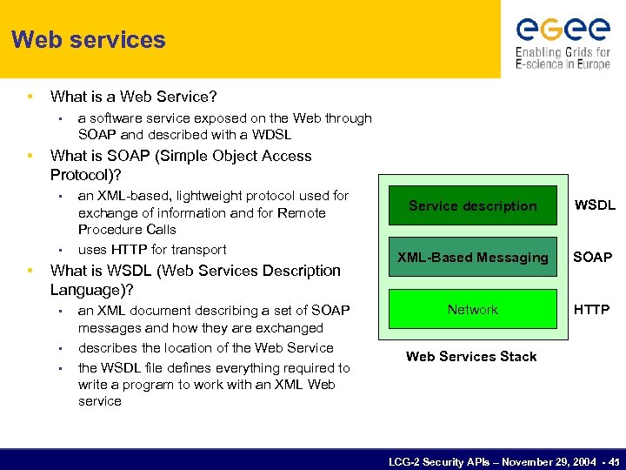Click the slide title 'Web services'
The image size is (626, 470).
89,40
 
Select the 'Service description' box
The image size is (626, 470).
472,206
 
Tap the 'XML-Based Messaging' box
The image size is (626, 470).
472,258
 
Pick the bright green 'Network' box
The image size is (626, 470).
472,310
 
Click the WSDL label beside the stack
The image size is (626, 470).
595,206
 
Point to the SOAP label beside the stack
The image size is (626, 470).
591,258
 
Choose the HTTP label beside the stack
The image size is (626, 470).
591,310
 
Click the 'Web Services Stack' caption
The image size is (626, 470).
471,357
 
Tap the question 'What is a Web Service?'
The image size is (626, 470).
133,97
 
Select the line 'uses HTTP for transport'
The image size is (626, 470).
152,250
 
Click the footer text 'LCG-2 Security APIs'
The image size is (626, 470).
435,462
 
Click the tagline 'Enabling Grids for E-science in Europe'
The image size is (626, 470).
563,57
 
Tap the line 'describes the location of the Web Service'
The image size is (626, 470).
205,348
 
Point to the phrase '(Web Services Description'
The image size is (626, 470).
256,271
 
